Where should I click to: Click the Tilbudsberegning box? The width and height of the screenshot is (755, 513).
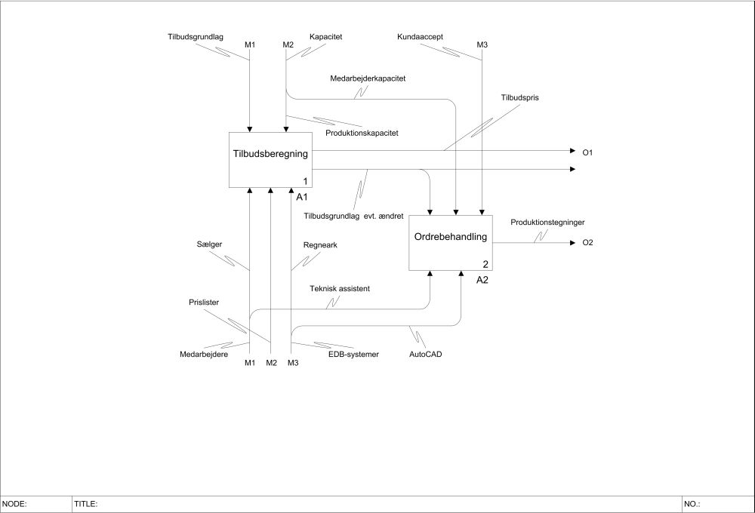pos(271,160)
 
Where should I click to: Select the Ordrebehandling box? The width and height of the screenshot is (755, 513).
pos(451,243)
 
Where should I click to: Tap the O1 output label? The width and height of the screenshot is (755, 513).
pos(587,153)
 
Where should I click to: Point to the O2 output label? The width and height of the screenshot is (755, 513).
pos(587,243)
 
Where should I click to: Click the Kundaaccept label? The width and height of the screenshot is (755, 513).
pos(419,36)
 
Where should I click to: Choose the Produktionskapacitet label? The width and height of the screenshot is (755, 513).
pos(362,133)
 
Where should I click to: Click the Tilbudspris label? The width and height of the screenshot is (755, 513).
pos(519,98)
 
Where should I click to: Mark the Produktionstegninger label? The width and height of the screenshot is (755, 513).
pos(547,223)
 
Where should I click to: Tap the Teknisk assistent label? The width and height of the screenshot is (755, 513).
pos(340,288)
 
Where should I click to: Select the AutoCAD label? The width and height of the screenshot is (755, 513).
pos(426,353)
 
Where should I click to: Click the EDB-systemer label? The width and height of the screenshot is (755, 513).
pos(353,353)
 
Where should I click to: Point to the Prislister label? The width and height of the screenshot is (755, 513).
pos(204,303)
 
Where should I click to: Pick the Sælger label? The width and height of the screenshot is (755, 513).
pos(208,244)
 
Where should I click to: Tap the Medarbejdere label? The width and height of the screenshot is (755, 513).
pos(204,353)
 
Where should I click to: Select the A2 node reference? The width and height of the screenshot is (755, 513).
pos(482,280)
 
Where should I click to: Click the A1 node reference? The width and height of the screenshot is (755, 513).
pos(301,197)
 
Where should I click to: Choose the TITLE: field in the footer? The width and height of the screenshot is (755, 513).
pos(86,503)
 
